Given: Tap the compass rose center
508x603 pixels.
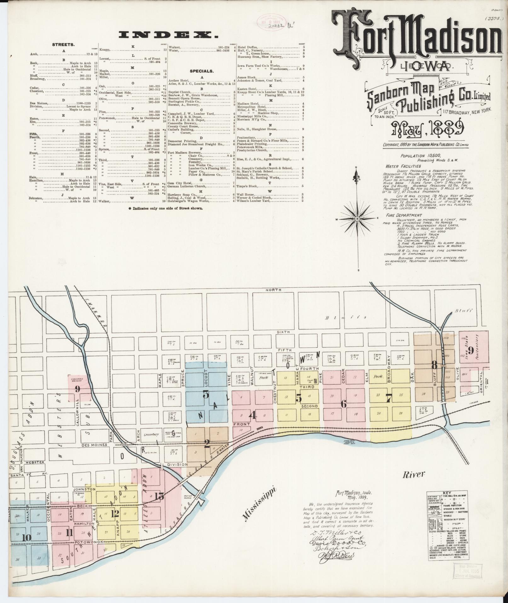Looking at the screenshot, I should coord(358,218).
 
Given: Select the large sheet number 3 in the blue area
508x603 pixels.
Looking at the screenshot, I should coord(206,394).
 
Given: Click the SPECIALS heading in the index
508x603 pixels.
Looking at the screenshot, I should coord(202,71).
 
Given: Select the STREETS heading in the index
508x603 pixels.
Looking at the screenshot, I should coord(63,45).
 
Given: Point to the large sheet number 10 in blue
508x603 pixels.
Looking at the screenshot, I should coord(26,537).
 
